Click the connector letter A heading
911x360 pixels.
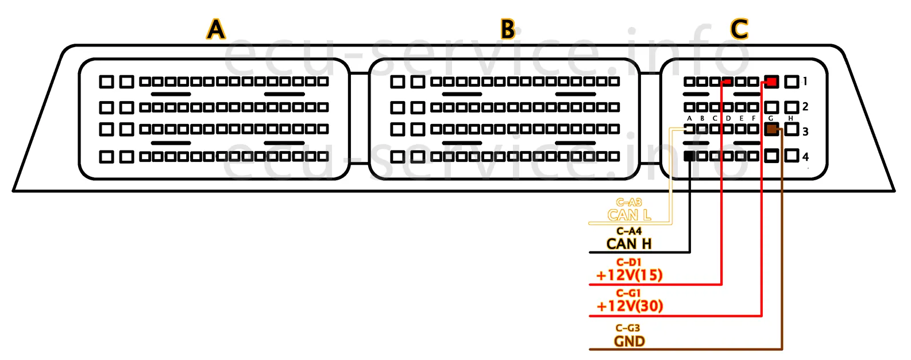[x=216, y=29]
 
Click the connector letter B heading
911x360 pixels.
[x=508, y=29]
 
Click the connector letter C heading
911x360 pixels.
[x=739, y=29]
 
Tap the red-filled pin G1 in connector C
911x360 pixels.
[x=771, y=82]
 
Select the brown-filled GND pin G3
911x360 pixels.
[x=771, y=130]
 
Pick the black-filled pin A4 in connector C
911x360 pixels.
[x=690, y=156]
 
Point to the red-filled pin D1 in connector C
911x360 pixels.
[x=728, y=82]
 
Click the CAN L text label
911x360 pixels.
[x=629, y=215]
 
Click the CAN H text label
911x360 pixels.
[x=629, y=244]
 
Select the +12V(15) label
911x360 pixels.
[x=629, y=275]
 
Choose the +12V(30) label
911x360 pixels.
[x=629, y=306]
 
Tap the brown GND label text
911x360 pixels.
[x=629, y=342]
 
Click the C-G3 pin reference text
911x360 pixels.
[x=628, y=328]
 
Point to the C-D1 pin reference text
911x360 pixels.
[x=629, y=262]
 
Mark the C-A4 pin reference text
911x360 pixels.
[x=629, y=231]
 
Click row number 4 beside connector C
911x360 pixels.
[x=805, y=157]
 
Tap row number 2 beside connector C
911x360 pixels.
[x=805, y=106]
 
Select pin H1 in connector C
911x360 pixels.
[x=792, y=82]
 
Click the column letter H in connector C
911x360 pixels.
[x=791, y=118]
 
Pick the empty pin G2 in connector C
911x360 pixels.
[x=771, y=107]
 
